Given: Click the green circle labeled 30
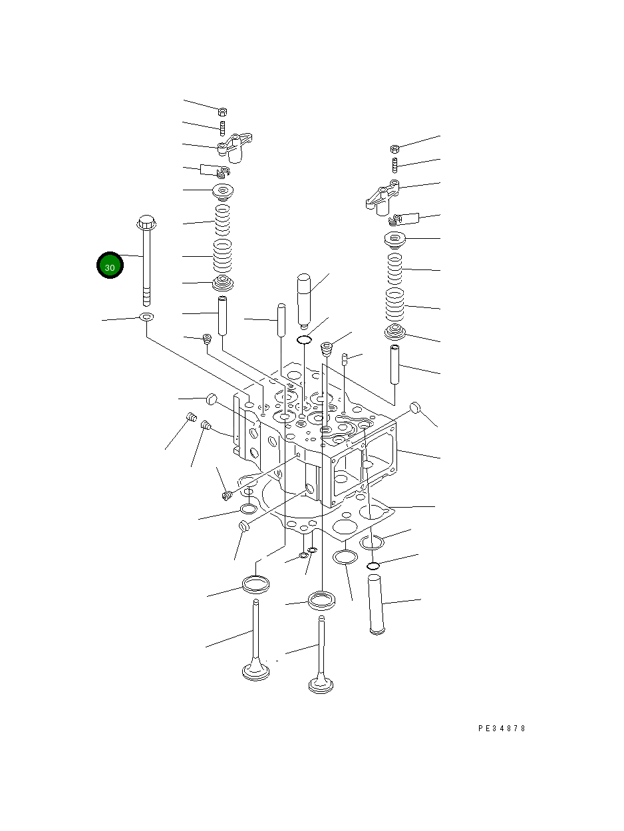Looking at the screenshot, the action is coord(110,265).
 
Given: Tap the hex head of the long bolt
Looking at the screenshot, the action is coord(147,223).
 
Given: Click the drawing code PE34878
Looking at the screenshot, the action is coord(502,729).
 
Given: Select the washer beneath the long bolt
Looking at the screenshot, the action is coord(146,316).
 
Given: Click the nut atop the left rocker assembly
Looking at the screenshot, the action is coord(222,112).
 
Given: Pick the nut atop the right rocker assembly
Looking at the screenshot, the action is coord(394,149).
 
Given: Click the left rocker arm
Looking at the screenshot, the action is coord(235,147).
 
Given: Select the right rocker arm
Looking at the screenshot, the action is coord(383,198).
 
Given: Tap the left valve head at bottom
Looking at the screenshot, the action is coord(256,671).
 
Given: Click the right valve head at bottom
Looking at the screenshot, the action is coord(321,683).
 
